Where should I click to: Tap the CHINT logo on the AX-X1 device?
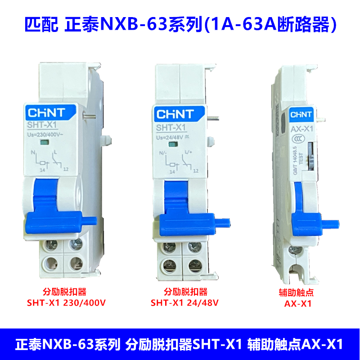coord(300,114)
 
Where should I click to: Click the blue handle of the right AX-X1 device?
coord(308,211)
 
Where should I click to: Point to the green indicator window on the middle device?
coord(172,145)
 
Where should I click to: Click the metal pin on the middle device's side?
coord(214,119)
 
